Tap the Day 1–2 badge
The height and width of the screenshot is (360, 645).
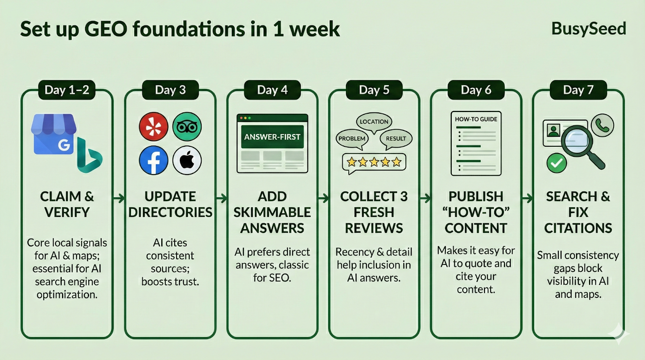tap(67, 90)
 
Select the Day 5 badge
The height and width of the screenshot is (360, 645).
tap(374, 90)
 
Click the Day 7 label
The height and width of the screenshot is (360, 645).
tap(578, 90)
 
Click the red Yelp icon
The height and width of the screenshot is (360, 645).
tap(154, 127)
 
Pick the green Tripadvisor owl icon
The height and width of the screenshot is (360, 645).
tap(187, 127)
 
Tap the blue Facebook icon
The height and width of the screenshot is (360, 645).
tap(154, 160)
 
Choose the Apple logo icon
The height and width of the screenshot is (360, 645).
tap(187, 160)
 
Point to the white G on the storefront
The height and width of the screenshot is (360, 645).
tap(64, 145)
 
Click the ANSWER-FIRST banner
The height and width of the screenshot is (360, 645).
tap(273, 137)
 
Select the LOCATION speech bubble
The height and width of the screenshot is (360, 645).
tap(374, 122)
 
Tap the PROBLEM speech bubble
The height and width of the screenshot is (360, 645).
tap(352, 139)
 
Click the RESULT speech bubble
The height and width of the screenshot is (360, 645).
tap(396, 139)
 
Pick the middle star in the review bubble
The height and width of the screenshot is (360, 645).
tap(374, 162)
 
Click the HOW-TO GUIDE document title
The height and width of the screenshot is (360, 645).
tap(476, 119)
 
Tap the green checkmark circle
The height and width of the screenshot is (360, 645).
tap(557, 163)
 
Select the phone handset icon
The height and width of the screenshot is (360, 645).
tap(602, 125)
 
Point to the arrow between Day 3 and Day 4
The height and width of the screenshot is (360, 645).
tap(221, 198)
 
